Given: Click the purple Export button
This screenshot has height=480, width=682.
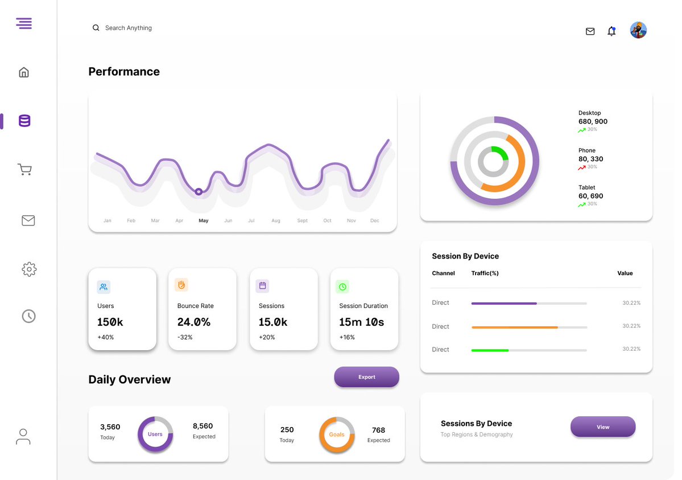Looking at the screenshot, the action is (367, 377).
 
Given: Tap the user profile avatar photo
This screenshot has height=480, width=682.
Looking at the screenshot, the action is (638, 30).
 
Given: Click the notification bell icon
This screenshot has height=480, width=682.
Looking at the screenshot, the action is (611, 31).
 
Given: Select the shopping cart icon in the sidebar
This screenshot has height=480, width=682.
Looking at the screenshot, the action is (25, 170).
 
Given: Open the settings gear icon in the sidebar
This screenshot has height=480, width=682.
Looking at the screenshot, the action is (29, 269).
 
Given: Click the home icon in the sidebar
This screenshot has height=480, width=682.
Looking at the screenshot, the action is (24, 72).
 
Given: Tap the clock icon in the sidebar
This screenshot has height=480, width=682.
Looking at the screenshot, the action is (28, 316).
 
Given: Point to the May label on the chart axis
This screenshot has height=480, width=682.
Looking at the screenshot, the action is (204, 220).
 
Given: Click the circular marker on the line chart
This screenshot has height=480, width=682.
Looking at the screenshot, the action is (199, 192).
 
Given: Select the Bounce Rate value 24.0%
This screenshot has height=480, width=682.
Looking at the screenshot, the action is (193, 322).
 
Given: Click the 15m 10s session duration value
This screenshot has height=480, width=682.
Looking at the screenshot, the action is (361, 322).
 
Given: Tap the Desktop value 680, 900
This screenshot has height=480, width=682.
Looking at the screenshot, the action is (593, 121).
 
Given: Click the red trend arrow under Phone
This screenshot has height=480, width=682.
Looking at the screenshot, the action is (581, 168).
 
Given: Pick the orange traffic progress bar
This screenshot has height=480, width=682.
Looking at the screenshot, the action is (515, 327).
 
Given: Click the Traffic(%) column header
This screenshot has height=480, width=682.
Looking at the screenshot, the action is (485, 273).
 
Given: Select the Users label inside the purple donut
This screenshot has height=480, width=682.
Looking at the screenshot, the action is (155, 434).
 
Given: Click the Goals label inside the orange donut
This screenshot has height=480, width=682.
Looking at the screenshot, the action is (337, 434).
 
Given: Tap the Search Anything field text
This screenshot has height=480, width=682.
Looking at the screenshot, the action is (129, 28).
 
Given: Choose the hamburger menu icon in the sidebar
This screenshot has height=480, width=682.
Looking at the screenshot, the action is (24, 23).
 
